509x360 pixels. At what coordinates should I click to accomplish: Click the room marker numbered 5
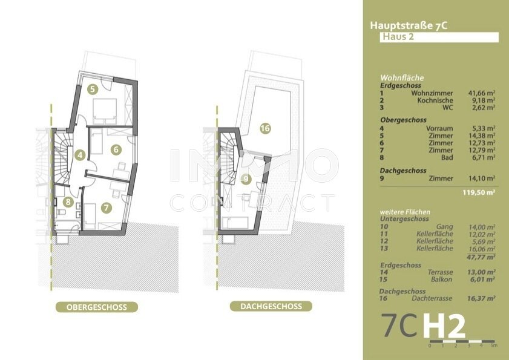pyautogui.click(x=93, y=90)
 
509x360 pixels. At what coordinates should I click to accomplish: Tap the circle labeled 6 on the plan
pyautogui.click(x=116, y=149)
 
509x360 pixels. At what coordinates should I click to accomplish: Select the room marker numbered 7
pyautogui.click(x=107, y=208)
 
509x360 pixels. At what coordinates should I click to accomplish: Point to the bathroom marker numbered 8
pyautogui.click(x=68, y=202)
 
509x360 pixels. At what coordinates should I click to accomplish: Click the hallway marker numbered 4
pyautogui.click(x=80, y=155)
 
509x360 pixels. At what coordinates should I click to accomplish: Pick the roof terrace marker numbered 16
pyautogui.click(x=265, y=128)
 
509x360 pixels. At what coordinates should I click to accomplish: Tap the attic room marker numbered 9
pyautogui.click(x=246, y=179)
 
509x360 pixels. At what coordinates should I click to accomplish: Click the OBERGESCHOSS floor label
pyautogui.click(x=97, y=307)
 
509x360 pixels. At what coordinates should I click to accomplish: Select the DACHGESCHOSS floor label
pyautogui.click(x=271, y=306)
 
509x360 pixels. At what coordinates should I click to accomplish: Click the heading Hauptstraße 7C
pyautogui.click(x=409, y=25)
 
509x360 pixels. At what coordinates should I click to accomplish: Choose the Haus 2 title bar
pyautogui.click(x=439, y=37)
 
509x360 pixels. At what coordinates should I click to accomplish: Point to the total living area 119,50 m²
pyautogui.click(x=479, y=192)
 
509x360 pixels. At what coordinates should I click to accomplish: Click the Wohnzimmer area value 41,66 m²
pyautogui.click(x=482, y=93)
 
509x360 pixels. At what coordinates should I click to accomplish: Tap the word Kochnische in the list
pyautogui.click(x=435, y=100)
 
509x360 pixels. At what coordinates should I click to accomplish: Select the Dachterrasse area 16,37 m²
pyautogui.click(x=481, y=298)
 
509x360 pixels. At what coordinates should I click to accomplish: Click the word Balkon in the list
pyautogui.click(x=441, y=279)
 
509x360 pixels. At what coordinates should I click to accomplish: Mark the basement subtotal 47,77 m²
pyautogui.click(x=481, y=257)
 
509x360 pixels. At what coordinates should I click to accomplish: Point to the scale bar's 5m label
pyautogui.click(x=493, y=345)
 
